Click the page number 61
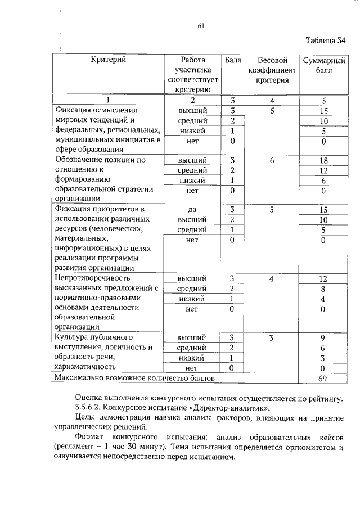(x=201, y=25)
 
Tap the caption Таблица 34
(x=326, y=40)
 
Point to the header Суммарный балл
(x=323, y=65)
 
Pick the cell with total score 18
(x=323, y=160)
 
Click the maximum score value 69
(x=323, y=379)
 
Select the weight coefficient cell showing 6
(x=272, y=160)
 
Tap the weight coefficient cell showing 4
(x=272, y=278)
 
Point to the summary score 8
(x=323, y=289)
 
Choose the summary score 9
(x=323, y=338)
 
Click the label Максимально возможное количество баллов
(x=134, y=379)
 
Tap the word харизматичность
(x=86, y=368)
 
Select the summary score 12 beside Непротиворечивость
(x=323, y=278)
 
